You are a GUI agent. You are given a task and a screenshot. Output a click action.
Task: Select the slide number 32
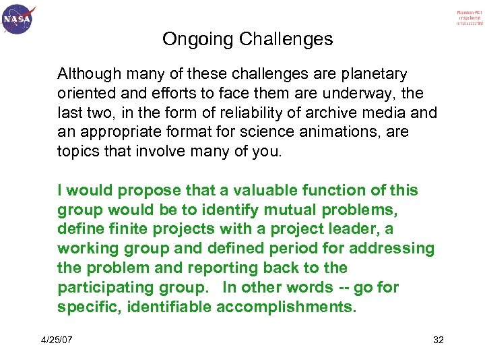tap(438, 339)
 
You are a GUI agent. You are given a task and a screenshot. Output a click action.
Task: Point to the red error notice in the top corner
tap(470, 18)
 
